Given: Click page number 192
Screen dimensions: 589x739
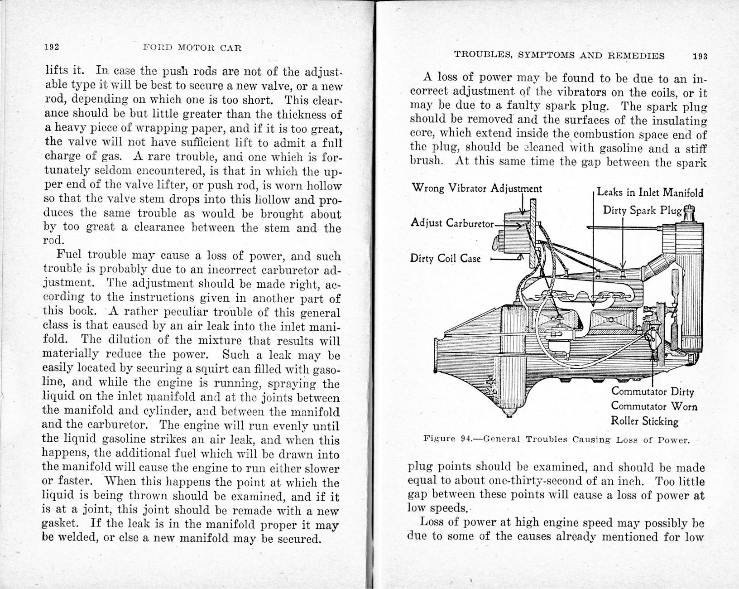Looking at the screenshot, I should click(x=53, y=47).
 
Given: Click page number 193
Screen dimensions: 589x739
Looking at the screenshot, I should click(x=700, y=56).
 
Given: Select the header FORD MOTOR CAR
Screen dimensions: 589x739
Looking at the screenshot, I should click(x=192, y=48).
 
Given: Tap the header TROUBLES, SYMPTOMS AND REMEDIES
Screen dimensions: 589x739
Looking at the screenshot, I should click(x=559, y=56).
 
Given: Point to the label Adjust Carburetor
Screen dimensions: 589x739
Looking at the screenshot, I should click(x=451, y=223).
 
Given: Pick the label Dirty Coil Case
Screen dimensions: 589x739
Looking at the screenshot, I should click(x=445, y=259).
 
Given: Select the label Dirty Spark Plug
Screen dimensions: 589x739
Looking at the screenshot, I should click(x=642, y=211).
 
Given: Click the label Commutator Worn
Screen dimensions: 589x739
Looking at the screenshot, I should click(x=654, y=406).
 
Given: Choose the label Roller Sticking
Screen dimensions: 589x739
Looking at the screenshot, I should click(x=645, y=421).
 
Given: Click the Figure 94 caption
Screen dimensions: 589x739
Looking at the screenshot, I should click(x=557, y=439).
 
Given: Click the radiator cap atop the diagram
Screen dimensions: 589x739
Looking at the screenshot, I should click(x=688, y=213).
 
